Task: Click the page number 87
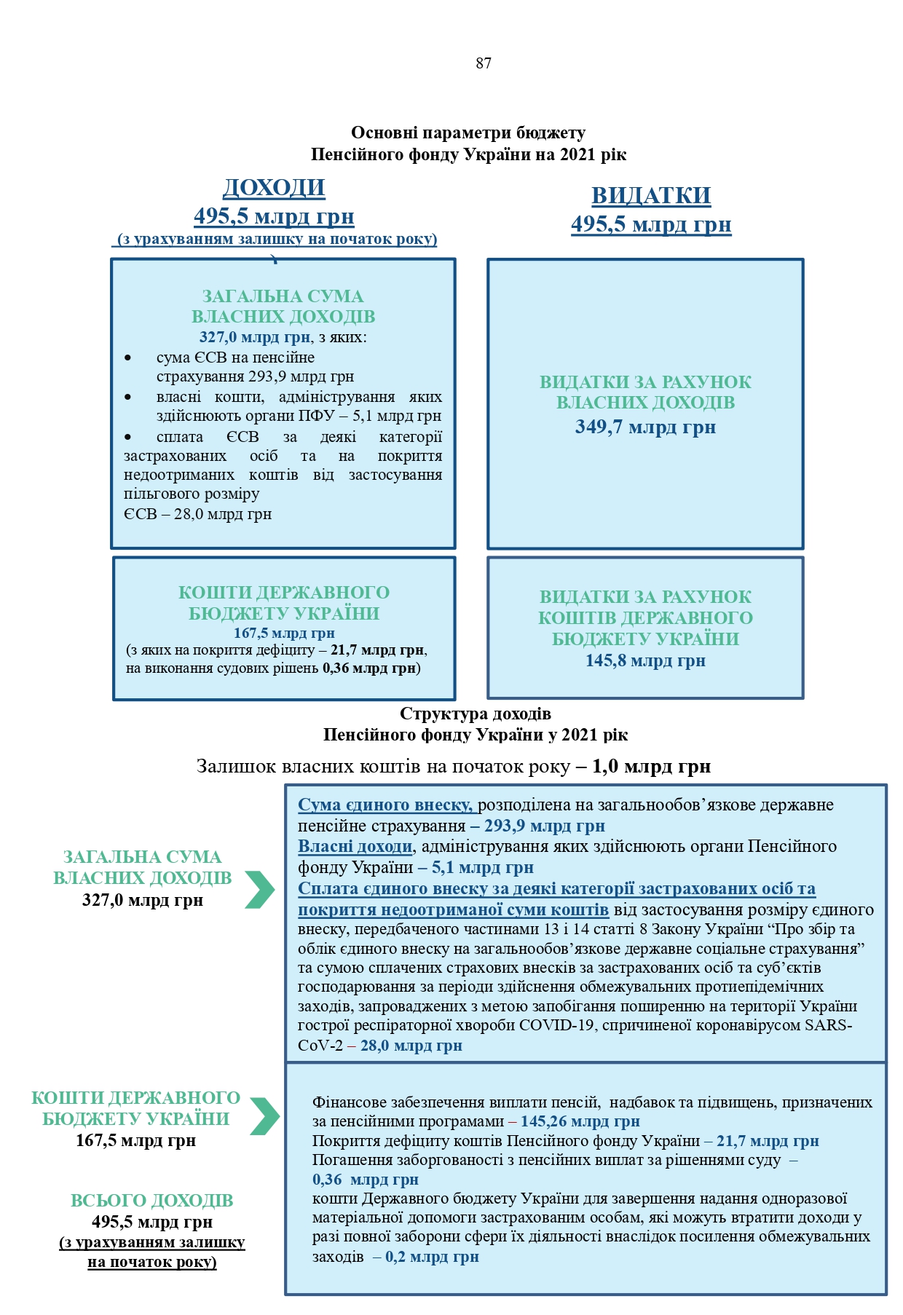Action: coord(484,63)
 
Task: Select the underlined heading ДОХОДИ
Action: coord(274,188)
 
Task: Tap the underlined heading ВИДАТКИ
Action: coord(650,196)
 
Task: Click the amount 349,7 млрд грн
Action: coord(645,427)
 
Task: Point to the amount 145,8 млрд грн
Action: coord(645,660)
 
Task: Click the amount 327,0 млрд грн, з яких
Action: coord(255,337)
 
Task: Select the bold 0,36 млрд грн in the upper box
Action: coord(369,668)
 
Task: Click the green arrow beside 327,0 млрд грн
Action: coord(259,889)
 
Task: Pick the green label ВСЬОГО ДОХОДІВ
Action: coord(151,1201)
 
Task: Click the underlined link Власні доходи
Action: coord(355,846)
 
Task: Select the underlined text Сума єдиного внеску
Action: coord(385,805)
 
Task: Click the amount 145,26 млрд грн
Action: coord(580,1121)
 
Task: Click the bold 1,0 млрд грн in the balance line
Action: coord(651,766)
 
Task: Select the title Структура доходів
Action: coord(475,714)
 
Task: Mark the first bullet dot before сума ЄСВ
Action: coord(129,358)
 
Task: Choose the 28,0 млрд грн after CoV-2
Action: coord(411,1046)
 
